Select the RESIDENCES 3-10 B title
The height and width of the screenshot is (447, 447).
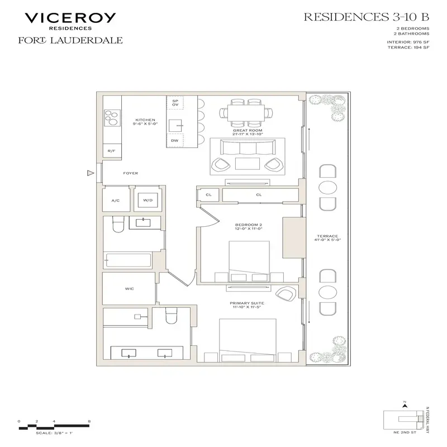(365, 17)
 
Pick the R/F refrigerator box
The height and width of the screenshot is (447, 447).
(112, 151)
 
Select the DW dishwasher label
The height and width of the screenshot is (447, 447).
(175, 141)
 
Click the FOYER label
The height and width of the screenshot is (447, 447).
(130, 173)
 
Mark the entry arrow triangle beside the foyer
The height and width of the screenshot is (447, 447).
(88, 174)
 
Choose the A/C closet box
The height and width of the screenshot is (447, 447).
(116, 199)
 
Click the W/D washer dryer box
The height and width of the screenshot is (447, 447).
(148, 199)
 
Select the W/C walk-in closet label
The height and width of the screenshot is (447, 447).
(129, 289)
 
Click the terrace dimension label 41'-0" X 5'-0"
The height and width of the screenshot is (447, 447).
(327, 239)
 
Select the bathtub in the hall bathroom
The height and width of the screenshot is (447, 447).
(127, 260)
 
